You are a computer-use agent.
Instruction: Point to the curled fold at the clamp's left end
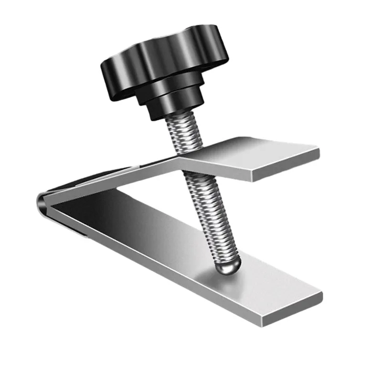point(42,203)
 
